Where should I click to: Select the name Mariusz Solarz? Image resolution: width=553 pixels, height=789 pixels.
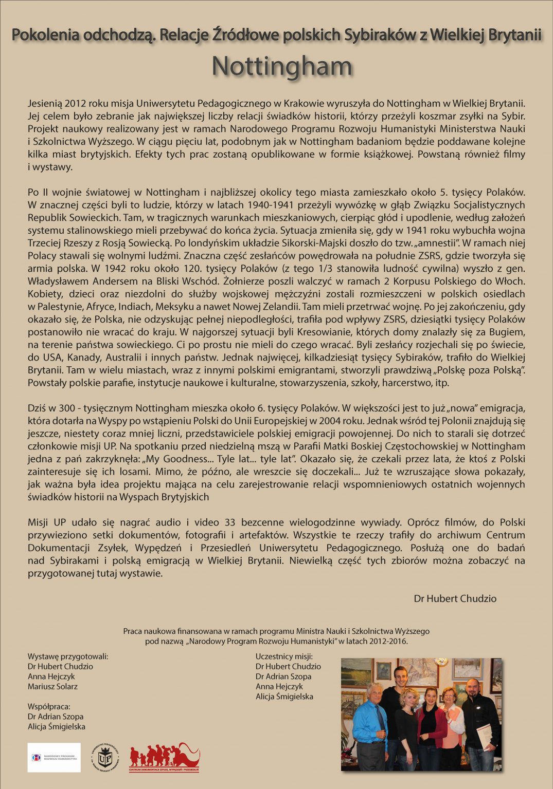[x=52, y=686]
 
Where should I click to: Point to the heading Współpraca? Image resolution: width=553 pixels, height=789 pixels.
[x=49, y=706]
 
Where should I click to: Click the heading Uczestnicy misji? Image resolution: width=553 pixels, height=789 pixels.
[x=284, y=656]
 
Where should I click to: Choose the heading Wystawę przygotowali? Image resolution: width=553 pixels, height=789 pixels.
[x=68, y=656]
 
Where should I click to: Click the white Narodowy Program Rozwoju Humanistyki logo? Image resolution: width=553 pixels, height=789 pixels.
[x=54, y=757]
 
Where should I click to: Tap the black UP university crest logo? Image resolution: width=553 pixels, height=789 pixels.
[x=105, y=757]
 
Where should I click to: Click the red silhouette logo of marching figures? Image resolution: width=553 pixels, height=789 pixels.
[x=164, y=757]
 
